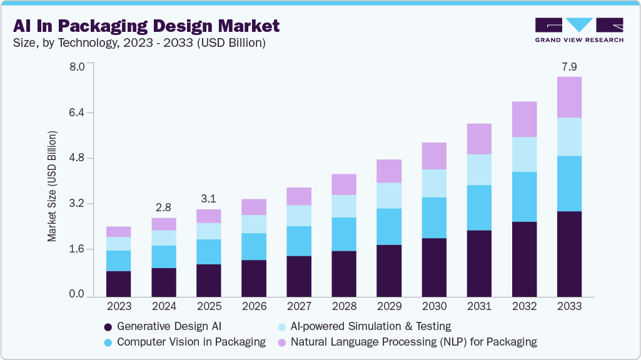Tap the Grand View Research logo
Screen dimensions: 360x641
click(579, 30)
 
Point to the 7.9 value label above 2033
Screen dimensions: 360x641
click(569, 66)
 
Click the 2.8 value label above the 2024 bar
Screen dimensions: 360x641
click(164, 207)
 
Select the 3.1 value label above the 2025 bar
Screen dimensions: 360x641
click(209, 199)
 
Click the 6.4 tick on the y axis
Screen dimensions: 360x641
click(76, 112)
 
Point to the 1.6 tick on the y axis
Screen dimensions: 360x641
click(76, 249)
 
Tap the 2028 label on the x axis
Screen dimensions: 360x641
click(344, 307)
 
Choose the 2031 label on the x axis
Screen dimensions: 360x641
click(479, 307)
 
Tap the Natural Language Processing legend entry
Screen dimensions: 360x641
click(413, 342)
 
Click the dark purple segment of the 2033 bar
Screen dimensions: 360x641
click(569, 254)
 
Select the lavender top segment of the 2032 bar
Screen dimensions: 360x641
click(524, 119)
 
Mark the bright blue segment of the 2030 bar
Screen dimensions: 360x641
click(434, 217)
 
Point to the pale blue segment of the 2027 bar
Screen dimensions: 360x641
click(299, 216)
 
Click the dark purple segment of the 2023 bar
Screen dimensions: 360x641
click(119, 284)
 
